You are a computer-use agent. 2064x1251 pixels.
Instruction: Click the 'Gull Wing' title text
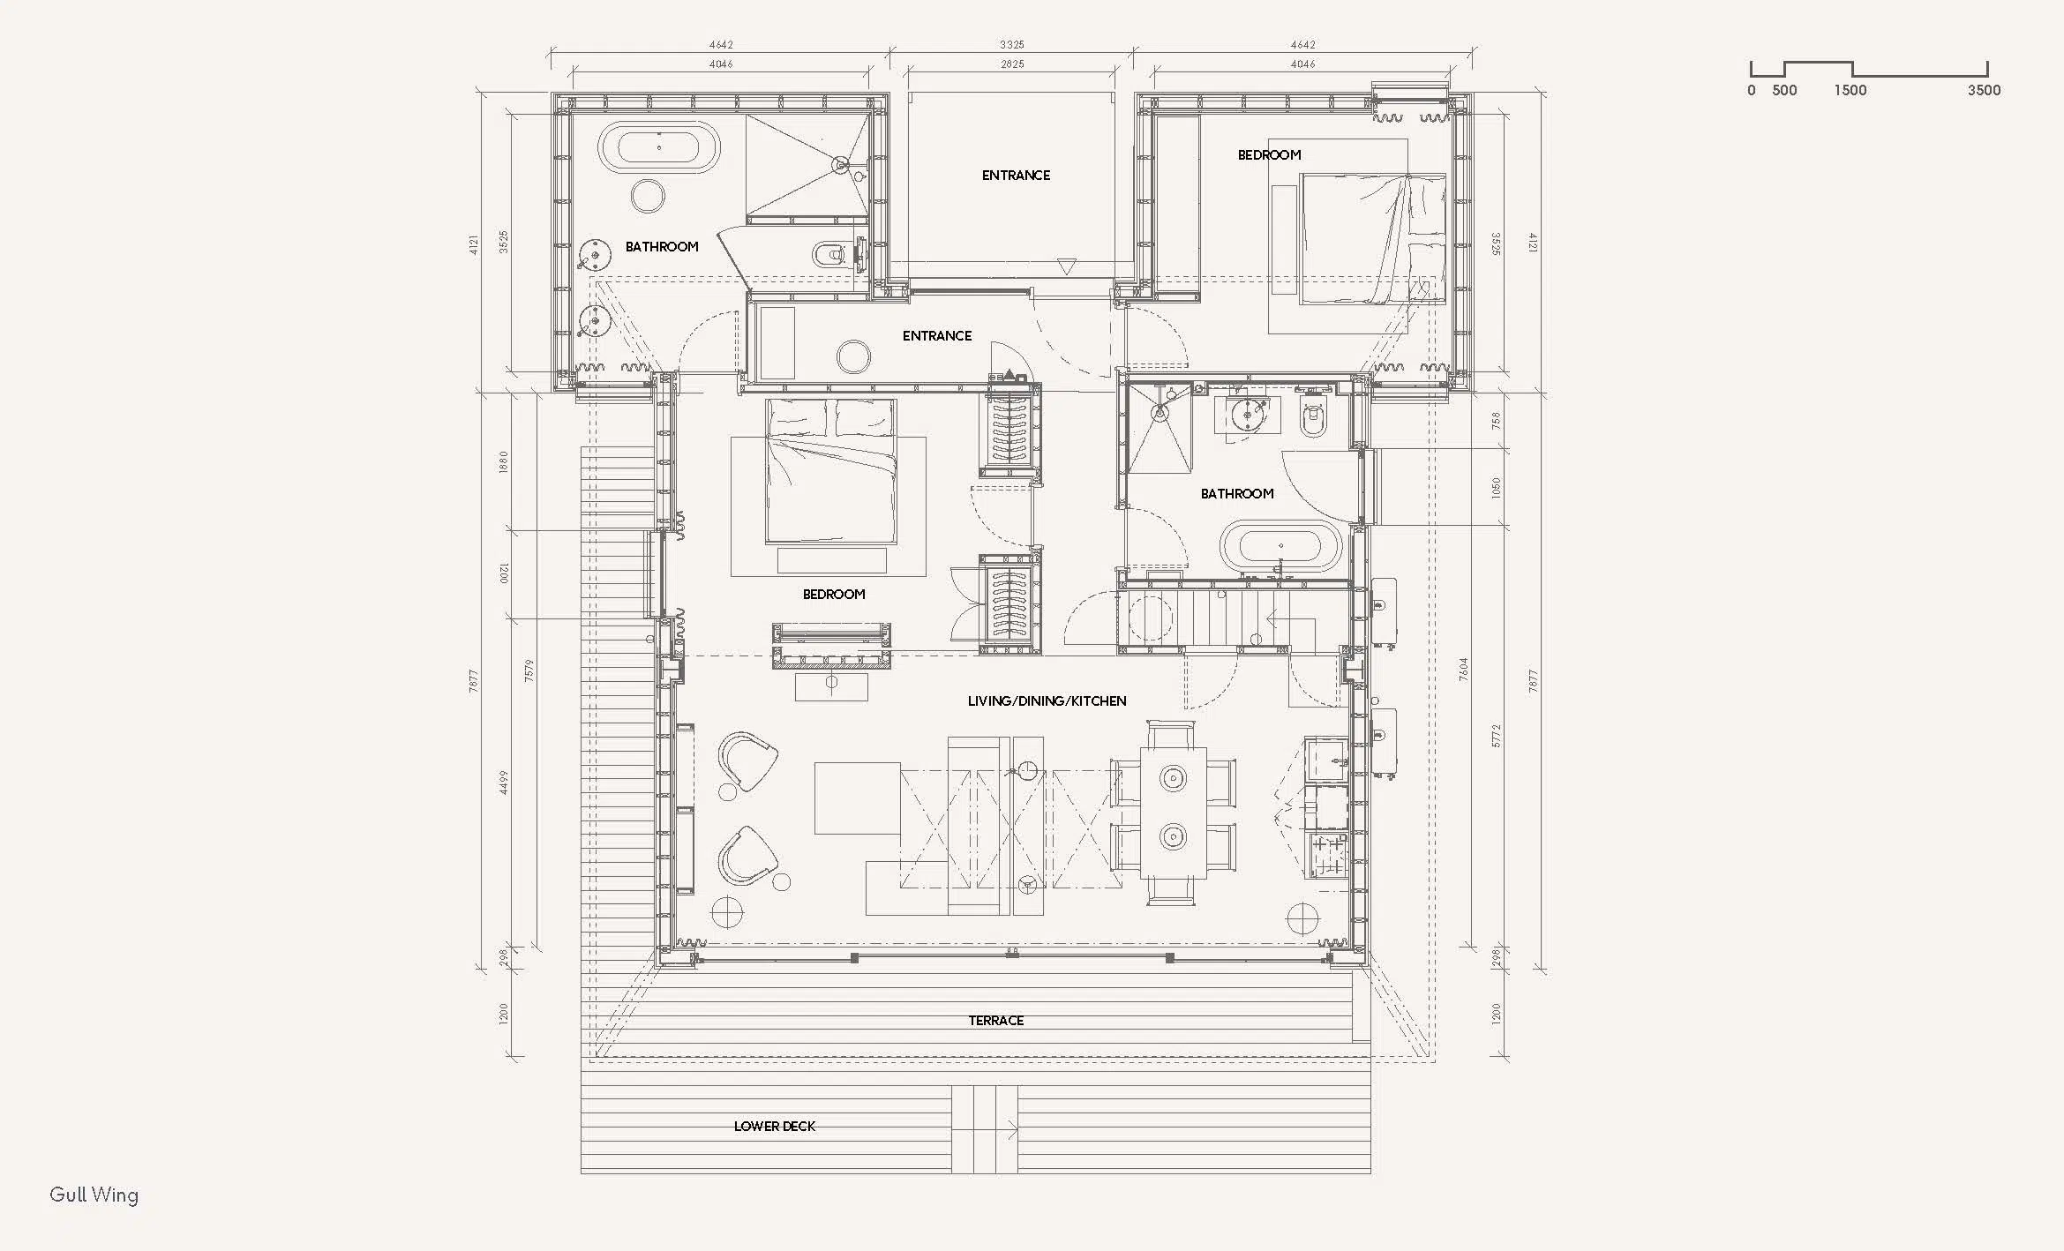click(94, 1195)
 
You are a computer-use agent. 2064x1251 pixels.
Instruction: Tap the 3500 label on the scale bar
click(1985, 90)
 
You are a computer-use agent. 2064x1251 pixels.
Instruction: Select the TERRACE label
click(996, 1021)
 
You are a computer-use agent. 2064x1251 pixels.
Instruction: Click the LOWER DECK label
click(775, 1127)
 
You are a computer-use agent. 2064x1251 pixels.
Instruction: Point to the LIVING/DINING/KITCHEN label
click(1047, 701)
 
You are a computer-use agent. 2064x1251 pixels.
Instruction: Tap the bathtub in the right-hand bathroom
click(1281, 548)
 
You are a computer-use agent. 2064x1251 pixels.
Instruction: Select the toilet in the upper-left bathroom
click(833, 255)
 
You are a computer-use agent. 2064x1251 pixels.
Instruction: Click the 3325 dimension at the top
click(1012, 44)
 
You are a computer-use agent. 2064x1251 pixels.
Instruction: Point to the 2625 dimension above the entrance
click(1012, 64)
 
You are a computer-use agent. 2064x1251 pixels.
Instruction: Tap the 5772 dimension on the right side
click(1495, 736)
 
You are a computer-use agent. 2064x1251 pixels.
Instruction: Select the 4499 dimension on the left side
click(504, 783)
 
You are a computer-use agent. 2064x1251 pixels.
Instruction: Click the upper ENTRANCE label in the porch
click(1016, 176)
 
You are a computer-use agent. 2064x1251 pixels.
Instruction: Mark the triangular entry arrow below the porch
click(1068, 266)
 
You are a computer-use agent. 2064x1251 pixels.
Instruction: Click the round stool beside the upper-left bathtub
click(650, 196)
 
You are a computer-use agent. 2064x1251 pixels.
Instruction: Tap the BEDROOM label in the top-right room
click(1269, 155)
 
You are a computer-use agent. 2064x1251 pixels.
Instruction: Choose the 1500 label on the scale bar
click(1850, 90)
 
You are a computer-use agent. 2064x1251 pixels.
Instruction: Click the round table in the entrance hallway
click(854, 357)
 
